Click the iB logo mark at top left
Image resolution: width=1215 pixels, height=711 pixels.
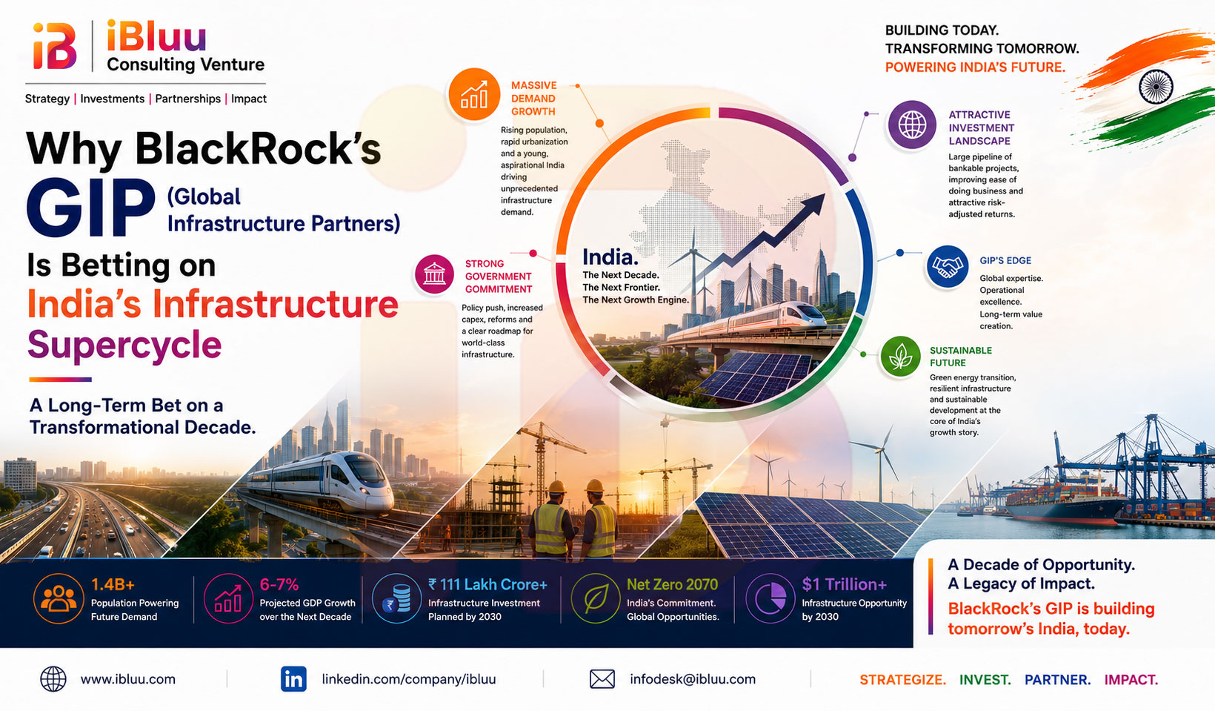pyautogui.click(x=55, y=46)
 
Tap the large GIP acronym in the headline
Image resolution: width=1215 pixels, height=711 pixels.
pyautogui.click(x=91, y=208)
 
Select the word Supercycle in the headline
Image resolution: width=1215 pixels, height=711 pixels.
pyautogui.click(x=124, y=345)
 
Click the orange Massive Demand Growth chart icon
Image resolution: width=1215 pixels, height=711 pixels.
pyautogui.click(x=474, y=94)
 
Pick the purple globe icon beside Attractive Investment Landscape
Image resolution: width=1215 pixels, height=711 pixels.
pyautogui.click(x=912, y=125)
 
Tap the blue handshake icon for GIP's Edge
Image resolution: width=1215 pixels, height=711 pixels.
pyautogui.click(x=947, y=267)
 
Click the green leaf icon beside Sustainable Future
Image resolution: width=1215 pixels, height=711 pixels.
pyautogui.click(x=900, y=357)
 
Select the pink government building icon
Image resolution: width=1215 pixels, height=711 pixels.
pyautogui.click(x=434, y=274)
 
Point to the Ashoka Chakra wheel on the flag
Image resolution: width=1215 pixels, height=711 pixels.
pyautogui.click(x=1156, y=87)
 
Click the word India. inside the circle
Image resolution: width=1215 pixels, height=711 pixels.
pyautogui.click(x=610, y=257)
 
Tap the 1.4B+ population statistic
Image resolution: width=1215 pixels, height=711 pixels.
pyautogui.click(x=113, y=584)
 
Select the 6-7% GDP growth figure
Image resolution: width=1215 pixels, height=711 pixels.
pyautogui.click(x=279, y=584)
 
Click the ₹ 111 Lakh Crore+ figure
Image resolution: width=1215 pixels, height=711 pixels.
pyautogui.click(x=487, y=584)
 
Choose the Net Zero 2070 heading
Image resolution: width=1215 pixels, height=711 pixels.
pyautogui.click(x=672, y=584)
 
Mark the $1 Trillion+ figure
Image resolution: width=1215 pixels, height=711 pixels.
pyautogui.click(x=844, y=584)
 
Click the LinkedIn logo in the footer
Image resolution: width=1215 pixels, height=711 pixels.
pyautogui.click(x=293, y=679)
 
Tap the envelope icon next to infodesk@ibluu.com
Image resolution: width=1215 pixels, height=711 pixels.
pyautogui.click(x=602, y=679)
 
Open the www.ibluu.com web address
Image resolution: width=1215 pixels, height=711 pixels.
pyautogui.click(x=128, y=679)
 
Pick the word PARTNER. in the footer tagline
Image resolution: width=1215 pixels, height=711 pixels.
pyautogui.click(x=1057, y=680)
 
